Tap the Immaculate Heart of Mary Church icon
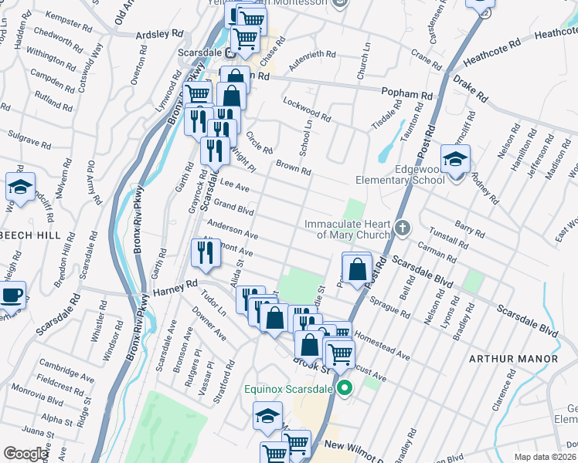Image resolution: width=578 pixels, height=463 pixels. (402, 228)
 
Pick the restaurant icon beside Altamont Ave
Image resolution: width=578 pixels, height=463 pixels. (205, 254)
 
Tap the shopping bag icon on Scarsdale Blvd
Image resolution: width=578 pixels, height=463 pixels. (356, 269)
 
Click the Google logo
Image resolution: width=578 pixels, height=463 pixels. (25, 454)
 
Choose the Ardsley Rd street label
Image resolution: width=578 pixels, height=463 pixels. (159, 35)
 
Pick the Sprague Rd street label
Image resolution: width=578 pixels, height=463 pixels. (389, 307)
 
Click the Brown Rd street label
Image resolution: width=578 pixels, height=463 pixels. (293, 168)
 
